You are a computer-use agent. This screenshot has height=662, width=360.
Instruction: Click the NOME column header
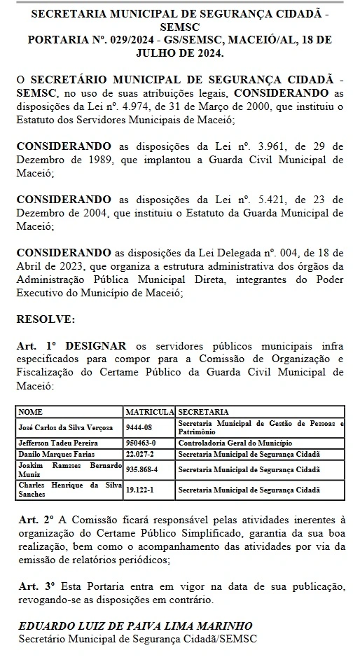pyautogui.click(x=30, y=411)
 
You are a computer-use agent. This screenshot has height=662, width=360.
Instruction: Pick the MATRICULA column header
pyautogui.click(x=149, y=411)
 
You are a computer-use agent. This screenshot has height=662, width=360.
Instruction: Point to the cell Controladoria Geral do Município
pyautogui.click(x=235, y=443)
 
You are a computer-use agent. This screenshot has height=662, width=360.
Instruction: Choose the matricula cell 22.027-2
pyautogui.click(x=140, y=453)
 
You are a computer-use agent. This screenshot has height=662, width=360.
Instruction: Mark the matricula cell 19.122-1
pyautogui.click(x=140, y=489)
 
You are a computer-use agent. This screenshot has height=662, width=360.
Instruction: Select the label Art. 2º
pyautogui.click(x=34, y=520)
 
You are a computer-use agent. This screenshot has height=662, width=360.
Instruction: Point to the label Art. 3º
pyautogui.click(x=34, y=586)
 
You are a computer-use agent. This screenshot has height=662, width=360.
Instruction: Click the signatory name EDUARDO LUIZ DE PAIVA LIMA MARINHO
pyautogui.click(x=134, y=626)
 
